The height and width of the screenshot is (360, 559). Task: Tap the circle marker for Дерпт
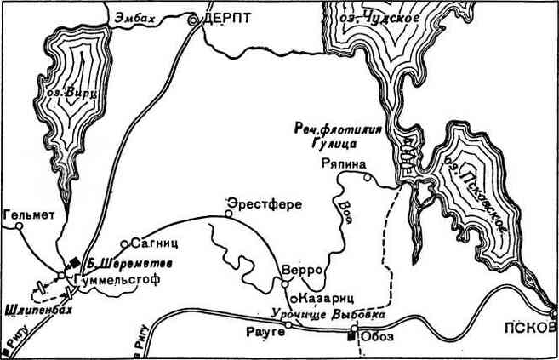click(194, 18)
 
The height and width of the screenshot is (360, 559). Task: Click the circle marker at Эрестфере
click(228, 214)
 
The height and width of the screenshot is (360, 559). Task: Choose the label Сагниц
click(152, 243)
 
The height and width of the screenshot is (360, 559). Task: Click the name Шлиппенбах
click(37, 311)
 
